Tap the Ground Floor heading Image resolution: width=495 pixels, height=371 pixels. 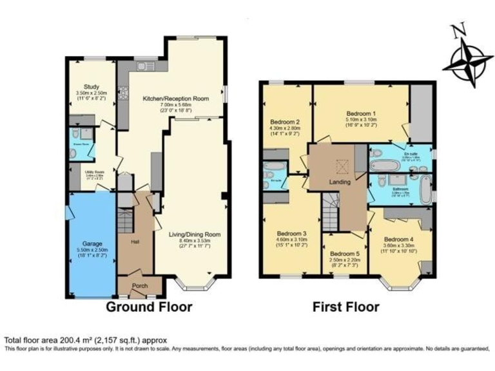[148, 307]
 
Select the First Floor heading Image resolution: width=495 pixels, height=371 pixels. [346, 307]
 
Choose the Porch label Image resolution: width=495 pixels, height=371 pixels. [140, 285]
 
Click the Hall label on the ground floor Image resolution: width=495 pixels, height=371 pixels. [135, 242]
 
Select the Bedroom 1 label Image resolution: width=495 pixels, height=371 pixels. [362, 111]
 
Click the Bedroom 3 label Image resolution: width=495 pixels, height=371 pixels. [291, 233]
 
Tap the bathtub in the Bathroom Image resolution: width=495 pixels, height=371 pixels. [424, 191]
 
